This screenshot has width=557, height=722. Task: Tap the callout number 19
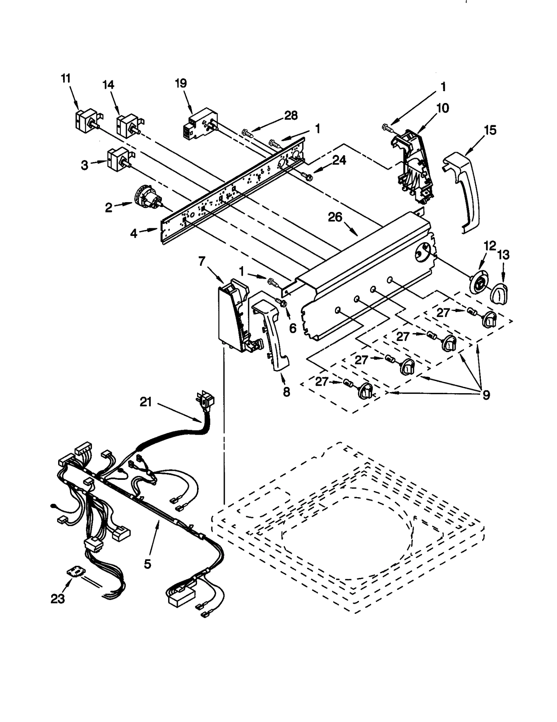click(x=181, y=83)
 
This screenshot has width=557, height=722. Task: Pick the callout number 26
click(x=335, y=217)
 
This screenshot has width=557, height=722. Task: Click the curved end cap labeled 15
click(x=463, y=191)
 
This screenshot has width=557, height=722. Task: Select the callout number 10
click(x=443, y=108)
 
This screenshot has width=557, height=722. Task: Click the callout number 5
click(x=147, y=564)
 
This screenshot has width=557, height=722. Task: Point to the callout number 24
click(x=339, y=160)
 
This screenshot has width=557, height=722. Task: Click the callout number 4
click(x=134, y=233)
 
